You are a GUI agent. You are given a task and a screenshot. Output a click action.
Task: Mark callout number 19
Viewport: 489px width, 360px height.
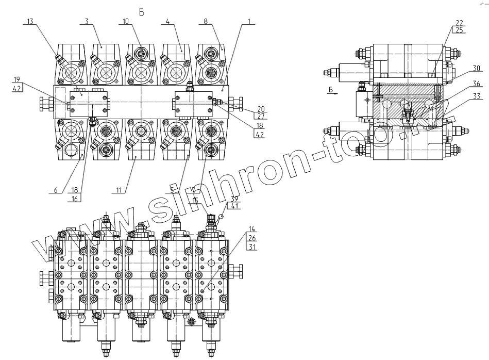click(17, 79)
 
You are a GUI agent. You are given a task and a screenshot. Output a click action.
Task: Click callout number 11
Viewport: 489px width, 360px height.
click(119, 190)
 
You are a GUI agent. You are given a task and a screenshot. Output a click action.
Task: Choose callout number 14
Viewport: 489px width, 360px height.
click(251, 227)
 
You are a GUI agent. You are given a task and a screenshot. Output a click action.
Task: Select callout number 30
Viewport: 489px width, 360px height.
click(476, 68)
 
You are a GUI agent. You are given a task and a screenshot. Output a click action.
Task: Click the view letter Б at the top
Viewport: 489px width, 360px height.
click(142, 11)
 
